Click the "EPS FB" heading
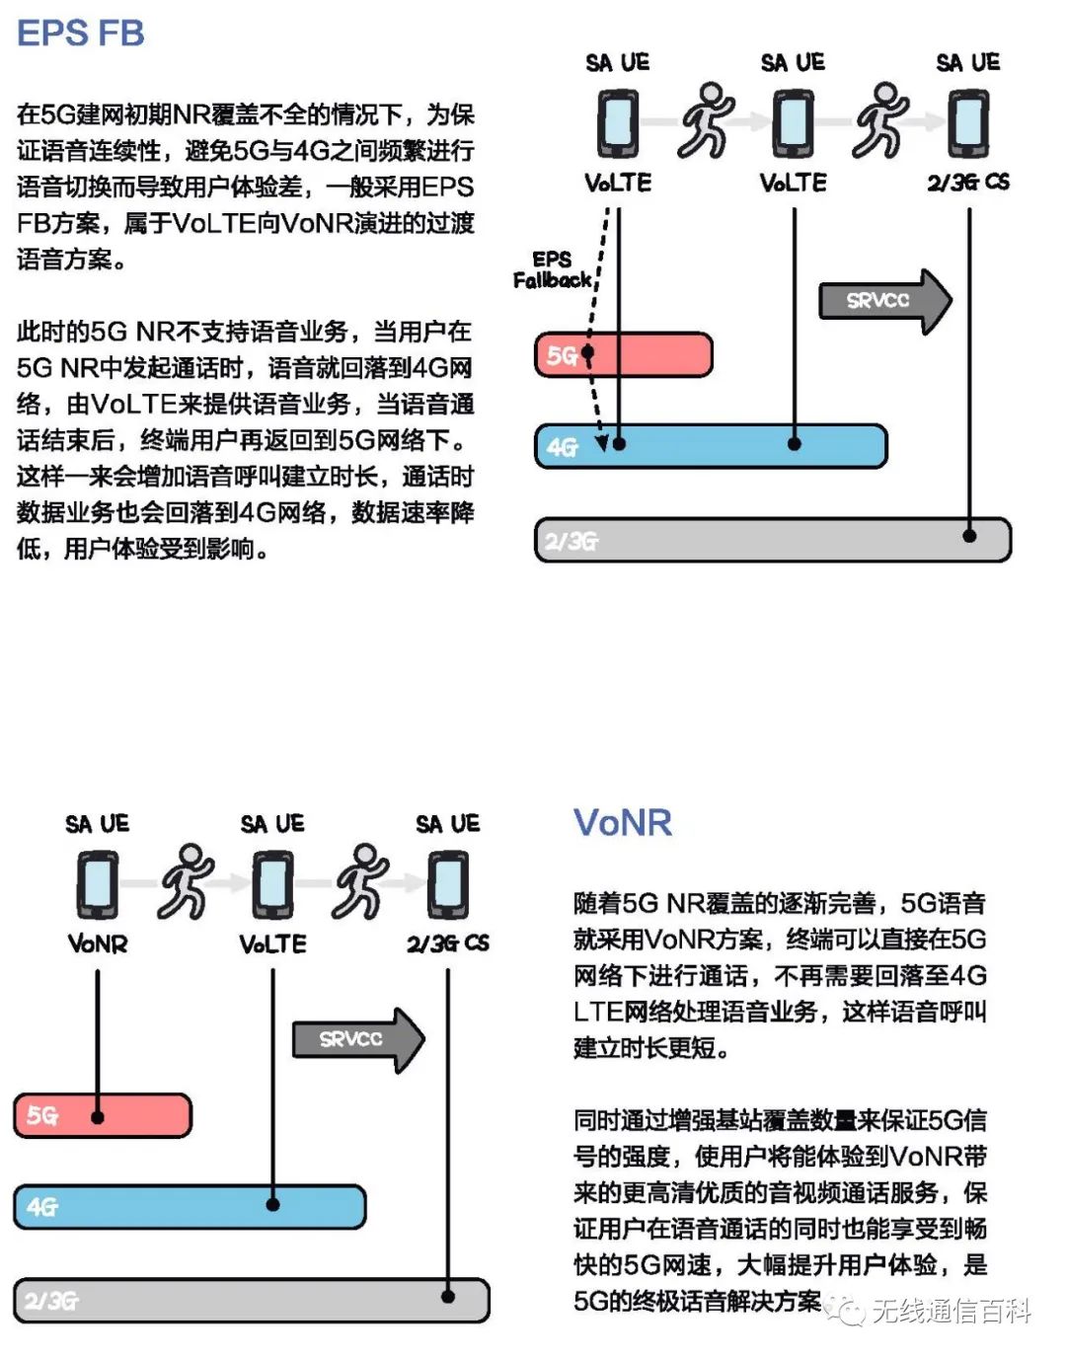tap(81, 34)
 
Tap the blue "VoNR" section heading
tap(623, 823)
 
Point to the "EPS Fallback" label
tap(552, 269)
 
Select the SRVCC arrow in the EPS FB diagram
tap(884, 301)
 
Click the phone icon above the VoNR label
tap(98, 885)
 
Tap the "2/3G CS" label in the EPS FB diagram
tap(968, 183)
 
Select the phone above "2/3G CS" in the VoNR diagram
tap(447, 885)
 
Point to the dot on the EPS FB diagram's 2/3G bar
tap(969, 535)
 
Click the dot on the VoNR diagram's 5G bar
tap(98, 1117)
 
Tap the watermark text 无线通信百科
tap(952, 1311)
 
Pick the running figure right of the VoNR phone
tap(187, 880)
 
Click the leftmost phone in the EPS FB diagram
tap(618, 123)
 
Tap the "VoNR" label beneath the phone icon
tap(98, 944)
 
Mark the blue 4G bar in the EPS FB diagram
tap(711, 446)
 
